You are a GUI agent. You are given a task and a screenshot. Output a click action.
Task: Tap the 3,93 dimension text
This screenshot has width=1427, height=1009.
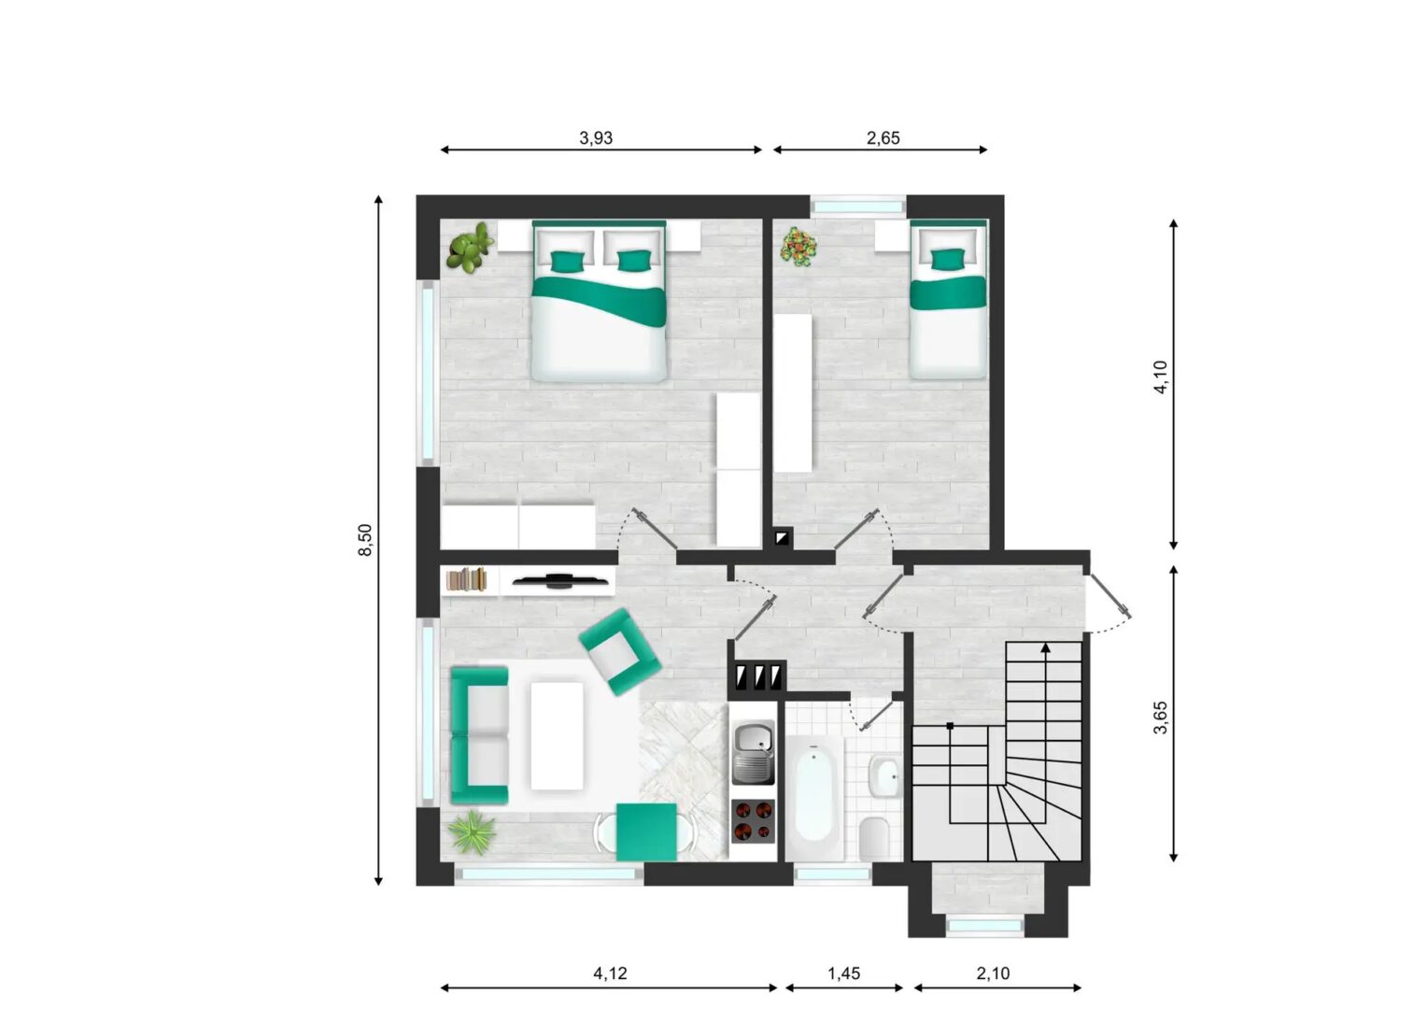point(596,137)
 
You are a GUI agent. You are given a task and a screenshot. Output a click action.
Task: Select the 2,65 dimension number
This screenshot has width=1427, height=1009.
point(883,137)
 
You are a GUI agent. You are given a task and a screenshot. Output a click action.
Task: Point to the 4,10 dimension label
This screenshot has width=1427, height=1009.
point(1161,377)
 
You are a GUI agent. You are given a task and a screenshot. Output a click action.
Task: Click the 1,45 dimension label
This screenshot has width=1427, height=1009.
point(843,973)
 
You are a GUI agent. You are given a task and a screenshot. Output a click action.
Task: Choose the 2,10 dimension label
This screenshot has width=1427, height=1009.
point(993,973)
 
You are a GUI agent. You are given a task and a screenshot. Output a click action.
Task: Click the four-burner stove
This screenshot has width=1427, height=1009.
point(753,821)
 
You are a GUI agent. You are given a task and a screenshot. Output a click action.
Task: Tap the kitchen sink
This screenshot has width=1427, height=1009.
point(753,752)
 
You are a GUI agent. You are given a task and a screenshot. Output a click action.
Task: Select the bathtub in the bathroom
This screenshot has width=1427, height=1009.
point(814,797)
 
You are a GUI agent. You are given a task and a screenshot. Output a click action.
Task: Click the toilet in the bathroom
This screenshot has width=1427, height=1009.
point(874,837)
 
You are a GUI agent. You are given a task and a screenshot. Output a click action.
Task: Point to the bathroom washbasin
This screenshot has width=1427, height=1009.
point(884,776)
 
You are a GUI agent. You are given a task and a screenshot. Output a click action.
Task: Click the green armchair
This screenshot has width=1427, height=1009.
point(620,651)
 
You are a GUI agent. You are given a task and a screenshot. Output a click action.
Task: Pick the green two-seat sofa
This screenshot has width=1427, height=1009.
point(479,735)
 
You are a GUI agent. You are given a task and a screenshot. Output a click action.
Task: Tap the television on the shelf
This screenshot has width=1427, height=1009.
point(559,580)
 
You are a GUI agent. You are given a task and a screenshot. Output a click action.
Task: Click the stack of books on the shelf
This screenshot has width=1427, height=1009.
point(466,579)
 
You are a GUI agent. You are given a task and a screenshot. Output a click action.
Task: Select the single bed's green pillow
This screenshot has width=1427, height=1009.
point(948,260)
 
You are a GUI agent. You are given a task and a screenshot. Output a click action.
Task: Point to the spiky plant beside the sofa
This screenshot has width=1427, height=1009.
point(472,831)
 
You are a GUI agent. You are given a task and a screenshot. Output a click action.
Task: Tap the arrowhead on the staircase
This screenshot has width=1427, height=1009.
point(1045,647)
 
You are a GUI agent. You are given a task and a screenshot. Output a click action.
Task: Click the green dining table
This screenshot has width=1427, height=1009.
point(646,832)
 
